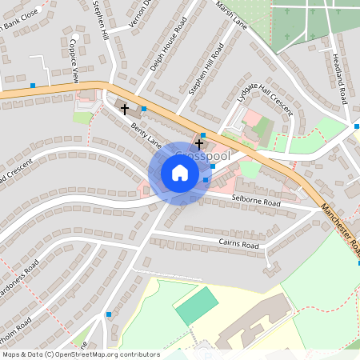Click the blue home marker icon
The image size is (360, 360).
pos(180,173)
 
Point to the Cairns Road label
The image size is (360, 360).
pos(239,243)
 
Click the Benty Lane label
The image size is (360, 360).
pos(147,137)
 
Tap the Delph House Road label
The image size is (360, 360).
pos(169,45)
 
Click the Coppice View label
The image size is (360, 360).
pos(74,60)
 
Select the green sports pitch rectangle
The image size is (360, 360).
pos(197,306)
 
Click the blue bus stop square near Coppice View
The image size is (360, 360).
pos(33,85)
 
